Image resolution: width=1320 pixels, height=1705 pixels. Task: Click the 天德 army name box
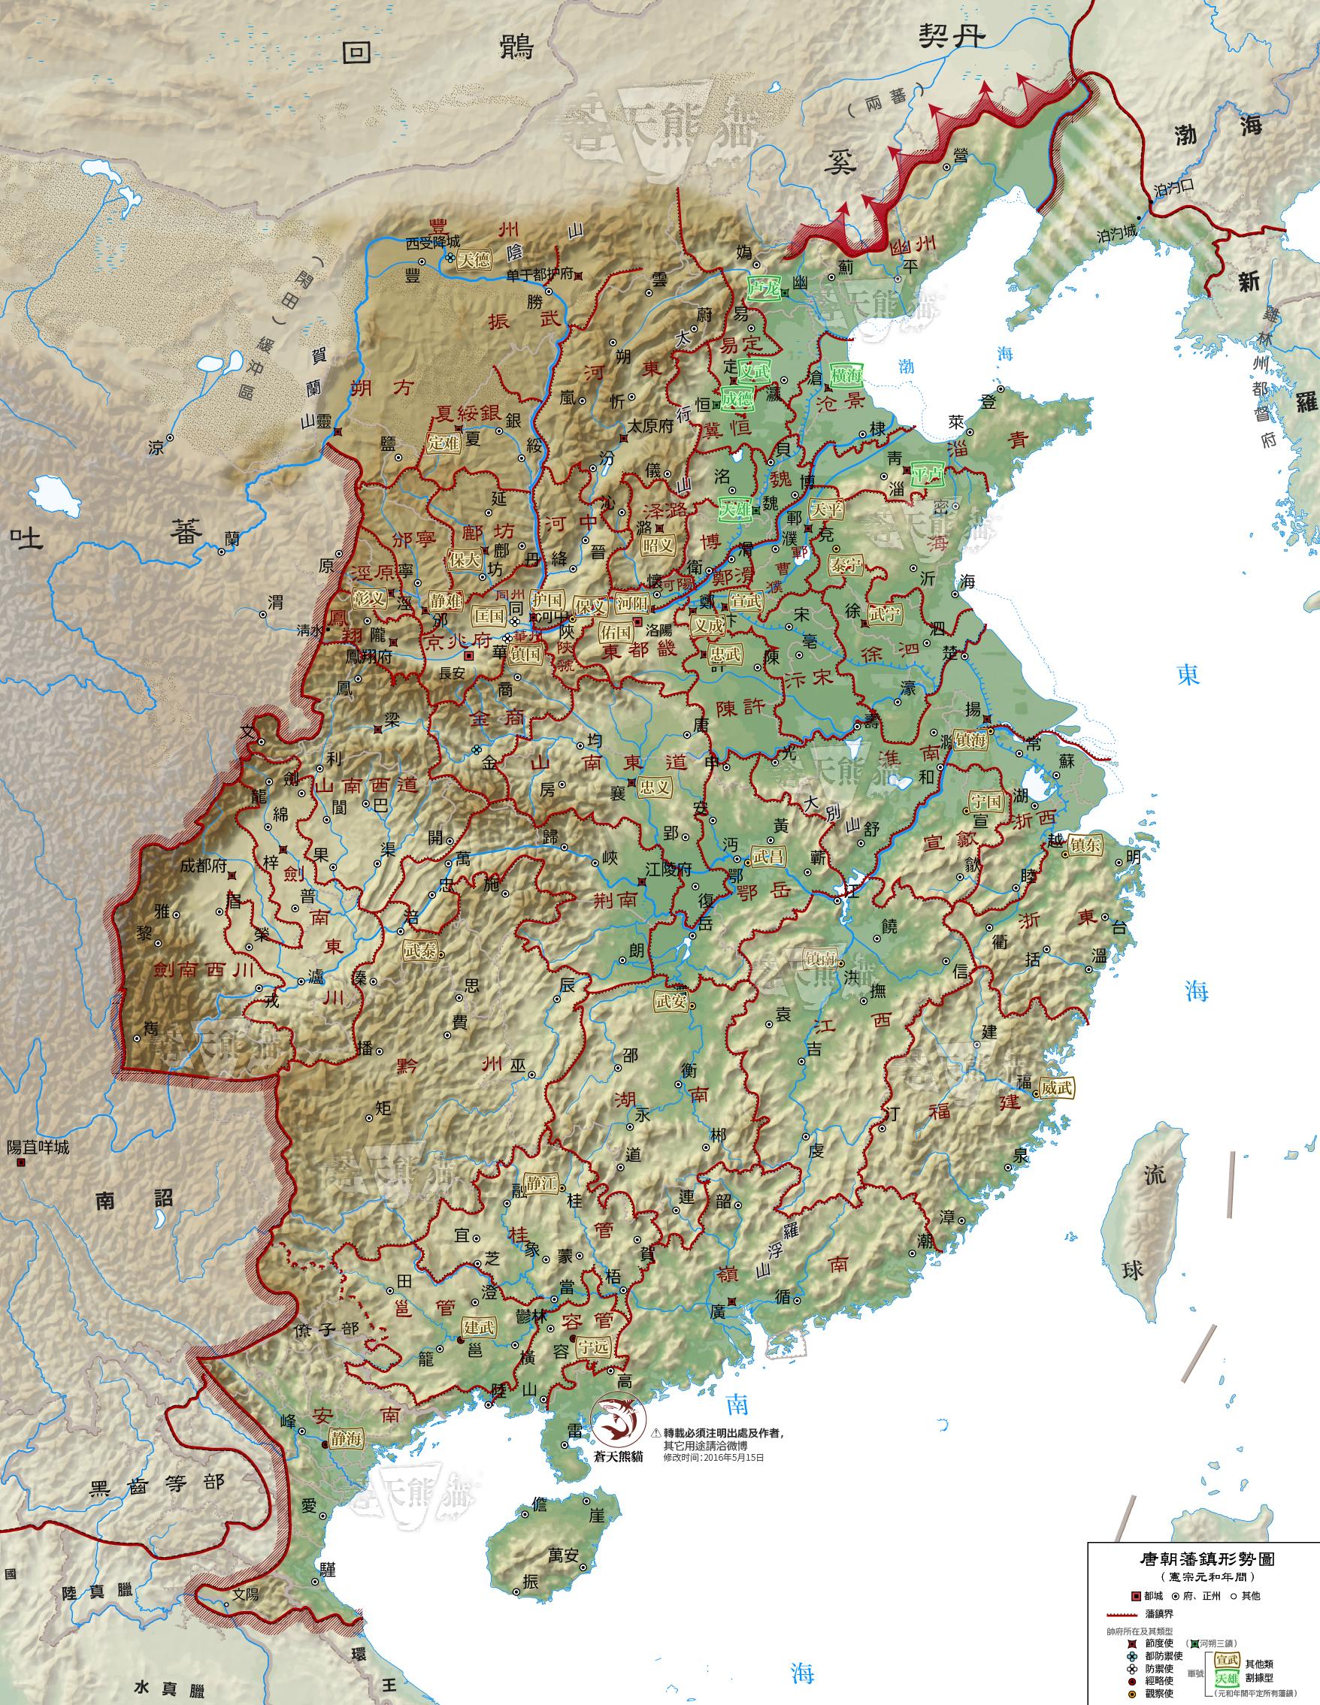(474, 260)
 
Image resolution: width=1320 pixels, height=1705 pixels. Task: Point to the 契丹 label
(952, 37)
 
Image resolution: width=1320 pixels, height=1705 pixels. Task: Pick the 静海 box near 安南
(345, 1440)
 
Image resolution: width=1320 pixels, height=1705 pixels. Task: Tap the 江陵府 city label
(668, 869)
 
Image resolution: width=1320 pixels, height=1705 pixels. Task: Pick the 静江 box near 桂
(540, 1184)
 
